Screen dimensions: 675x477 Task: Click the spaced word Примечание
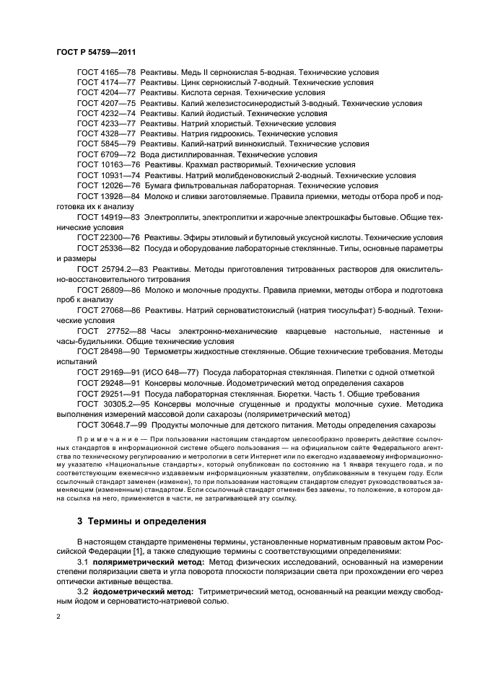pyautogui.click(x=105, y=439)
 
